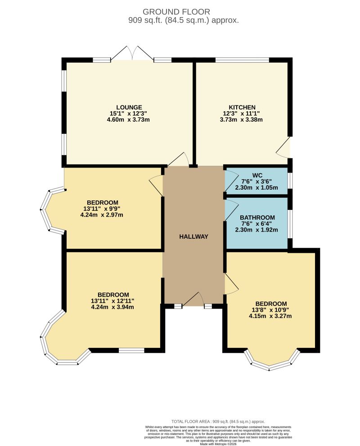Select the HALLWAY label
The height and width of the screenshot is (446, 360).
point(193,237)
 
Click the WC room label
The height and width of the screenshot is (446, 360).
point(257,175)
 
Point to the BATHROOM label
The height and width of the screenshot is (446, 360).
point(257,218)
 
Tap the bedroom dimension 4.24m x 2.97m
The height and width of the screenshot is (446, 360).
point(102,215)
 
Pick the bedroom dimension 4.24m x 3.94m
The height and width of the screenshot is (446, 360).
point(113,307)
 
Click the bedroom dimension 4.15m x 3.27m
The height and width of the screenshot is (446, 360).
point(270,316)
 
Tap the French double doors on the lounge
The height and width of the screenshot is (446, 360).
point(132,54)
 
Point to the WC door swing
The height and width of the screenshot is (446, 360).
point(230,180)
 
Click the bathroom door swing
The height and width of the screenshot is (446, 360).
point(231,209)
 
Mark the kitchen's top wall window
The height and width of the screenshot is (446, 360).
point(242,59)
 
